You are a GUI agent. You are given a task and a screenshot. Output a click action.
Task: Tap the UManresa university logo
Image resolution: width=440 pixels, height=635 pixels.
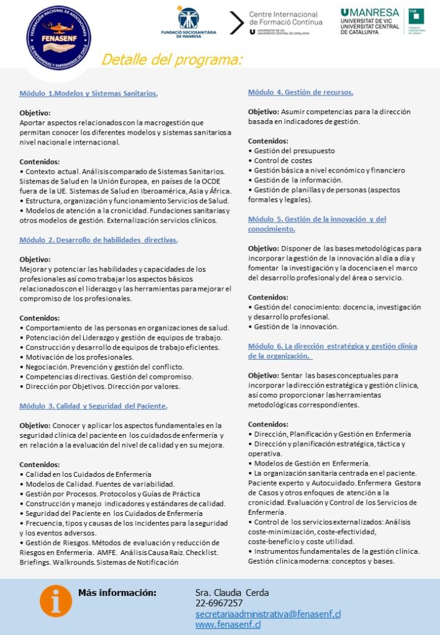click(x=380, y=22)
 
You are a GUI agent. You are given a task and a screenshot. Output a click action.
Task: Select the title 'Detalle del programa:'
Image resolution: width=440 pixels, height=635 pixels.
click(x=171, y=60)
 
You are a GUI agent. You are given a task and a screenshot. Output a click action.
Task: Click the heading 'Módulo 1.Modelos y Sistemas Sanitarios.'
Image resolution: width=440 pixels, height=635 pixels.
click(x=89, y=94)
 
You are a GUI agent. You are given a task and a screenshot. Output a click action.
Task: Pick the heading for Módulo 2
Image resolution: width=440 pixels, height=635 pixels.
click(x=99, y=240)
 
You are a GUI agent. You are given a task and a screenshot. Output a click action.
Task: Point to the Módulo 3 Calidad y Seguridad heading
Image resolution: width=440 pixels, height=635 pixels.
click(x=94, y=406)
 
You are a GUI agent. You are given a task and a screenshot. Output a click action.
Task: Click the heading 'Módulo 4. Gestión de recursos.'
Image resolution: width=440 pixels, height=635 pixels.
click(x=300, y=92)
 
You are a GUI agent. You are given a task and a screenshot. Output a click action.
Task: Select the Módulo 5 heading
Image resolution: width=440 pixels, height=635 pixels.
click(x=317, y=224)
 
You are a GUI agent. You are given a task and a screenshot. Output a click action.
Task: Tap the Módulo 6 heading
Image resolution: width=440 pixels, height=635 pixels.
click(x=332, y=350)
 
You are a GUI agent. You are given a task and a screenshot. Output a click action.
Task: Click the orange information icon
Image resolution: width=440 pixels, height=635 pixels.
click(x=56, y=600)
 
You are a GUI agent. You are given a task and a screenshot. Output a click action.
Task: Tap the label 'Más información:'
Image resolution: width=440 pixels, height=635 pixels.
click(x=117, y=593)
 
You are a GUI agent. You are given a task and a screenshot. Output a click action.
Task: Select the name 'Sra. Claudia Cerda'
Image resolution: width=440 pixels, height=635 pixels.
click(x=232, y=593)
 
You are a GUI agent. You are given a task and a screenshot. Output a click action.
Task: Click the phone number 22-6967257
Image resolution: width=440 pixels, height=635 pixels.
click(x=219, y=603)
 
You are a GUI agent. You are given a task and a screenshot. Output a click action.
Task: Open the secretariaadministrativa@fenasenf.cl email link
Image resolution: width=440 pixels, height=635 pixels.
click(x=268, y=614)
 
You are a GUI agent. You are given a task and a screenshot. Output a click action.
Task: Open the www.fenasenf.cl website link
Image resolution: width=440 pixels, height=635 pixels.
click(x=228, y=624)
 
